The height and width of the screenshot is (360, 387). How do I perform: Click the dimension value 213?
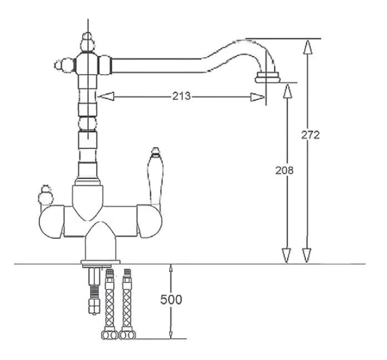(182, 96)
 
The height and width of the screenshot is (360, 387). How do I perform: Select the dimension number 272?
(310, 135)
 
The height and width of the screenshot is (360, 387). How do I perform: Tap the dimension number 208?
(284, 171)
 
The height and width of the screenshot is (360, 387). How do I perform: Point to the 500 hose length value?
(171, 299)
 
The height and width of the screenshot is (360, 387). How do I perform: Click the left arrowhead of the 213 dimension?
(107, 97)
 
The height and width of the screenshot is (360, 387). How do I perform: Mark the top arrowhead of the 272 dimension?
(308, 47)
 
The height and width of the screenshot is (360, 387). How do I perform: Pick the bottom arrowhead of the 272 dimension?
(307, 256)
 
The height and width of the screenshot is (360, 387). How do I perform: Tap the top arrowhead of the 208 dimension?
(287, 91)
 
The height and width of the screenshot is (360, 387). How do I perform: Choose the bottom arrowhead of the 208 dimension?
(287, 256)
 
